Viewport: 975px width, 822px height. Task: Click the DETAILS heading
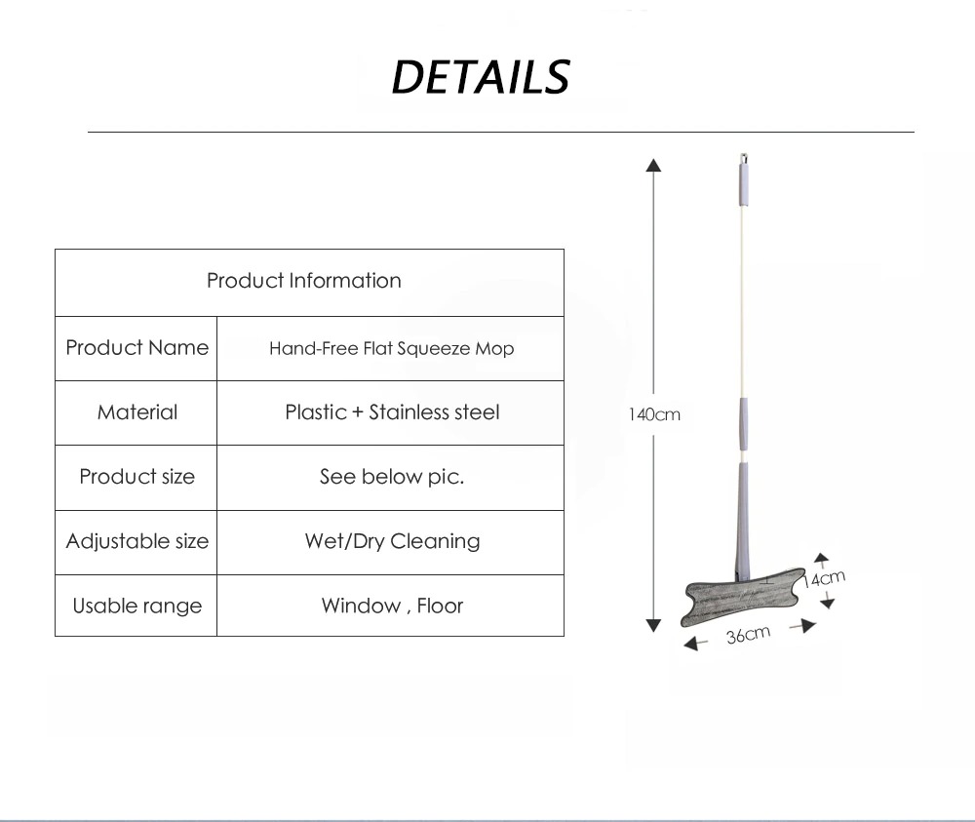tap(481, 77)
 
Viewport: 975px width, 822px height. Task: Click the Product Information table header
tap(304, 281)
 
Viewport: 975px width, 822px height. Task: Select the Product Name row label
tap(136, 347)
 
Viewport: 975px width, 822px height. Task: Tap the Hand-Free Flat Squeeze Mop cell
tap(391, 348)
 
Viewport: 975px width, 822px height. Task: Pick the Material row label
tap(136, 412)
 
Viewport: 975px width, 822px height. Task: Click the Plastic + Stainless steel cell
tap(392, 412)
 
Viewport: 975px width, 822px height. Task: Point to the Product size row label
tap(136, 476)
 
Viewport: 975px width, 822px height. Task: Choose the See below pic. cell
tap(392, 477)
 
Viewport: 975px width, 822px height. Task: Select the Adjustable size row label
tap(136, 541)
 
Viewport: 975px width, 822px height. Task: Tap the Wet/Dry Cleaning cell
tap(392, 541)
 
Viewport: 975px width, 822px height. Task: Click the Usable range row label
tap(136, 606)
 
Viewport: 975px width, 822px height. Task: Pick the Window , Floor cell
tap(392, 606)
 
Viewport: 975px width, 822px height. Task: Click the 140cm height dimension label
tap(654, 414)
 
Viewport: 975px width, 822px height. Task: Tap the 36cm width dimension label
tap(748, 635)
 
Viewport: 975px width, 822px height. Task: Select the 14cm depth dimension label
tap(823, 579)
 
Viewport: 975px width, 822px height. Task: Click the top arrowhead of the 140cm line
tap(653, 166)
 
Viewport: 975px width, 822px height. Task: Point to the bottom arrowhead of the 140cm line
tap(653, 625)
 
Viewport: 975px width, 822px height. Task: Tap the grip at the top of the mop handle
tap(743, 184)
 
